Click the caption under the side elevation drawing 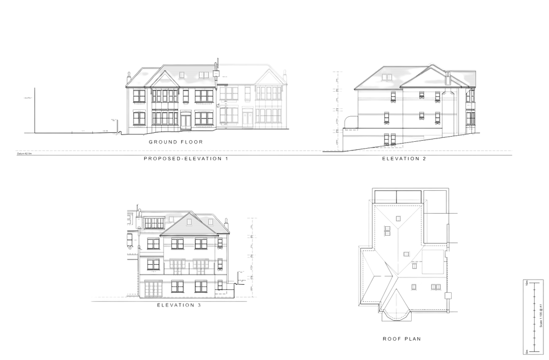404,160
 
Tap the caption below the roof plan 401,339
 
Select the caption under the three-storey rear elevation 178,305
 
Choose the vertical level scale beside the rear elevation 249,251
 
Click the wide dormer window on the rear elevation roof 153,222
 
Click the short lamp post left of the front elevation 114,125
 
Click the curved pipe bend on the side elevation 345,120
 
